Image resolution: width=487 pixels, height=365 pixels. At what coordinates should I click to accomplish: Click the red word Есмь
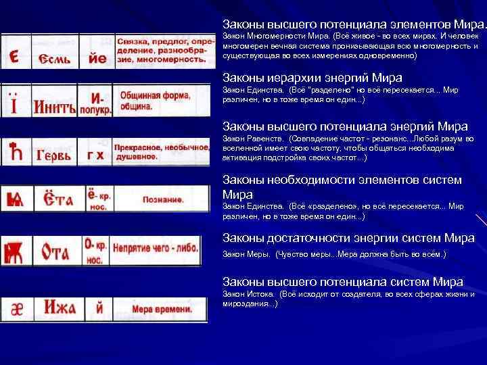coord(56,59)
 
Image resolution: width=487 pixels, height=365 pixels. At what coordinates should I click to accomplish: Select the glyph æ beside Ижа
coord(16,309)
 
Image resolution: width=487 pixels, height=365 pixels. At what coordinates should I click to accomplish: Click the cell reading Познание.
coord(163,199)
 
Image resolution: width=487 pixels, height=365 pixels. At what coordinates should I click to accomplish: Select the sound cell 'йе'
coord(97,58)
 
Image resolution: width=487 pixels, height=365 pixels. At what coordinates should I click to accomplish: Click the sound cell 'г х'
coord(95,155)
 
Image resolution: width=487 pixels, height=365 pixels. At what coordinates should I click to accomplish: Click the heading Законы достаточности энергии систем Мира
coord(349,238)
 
